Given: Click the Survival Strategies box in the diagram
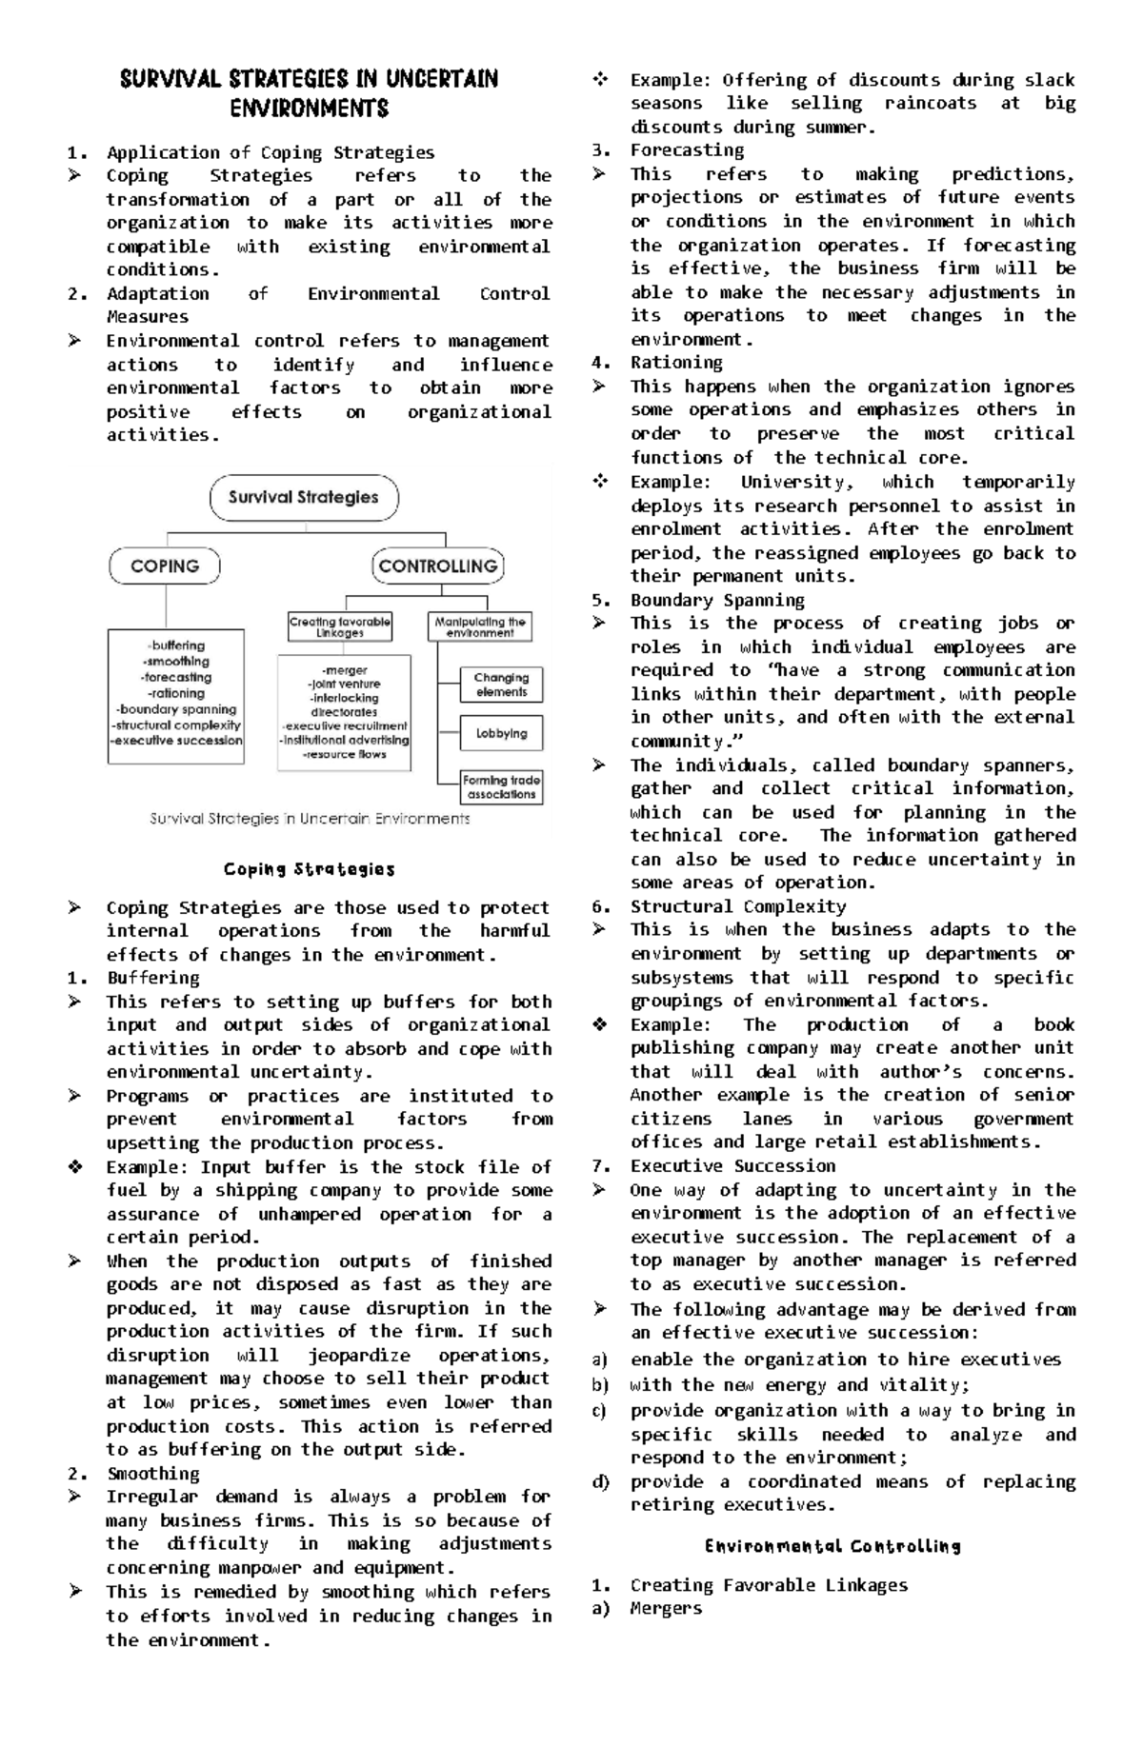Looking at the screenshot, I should point(304,498).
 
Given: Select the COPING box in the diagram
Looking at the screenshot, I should point(165,566).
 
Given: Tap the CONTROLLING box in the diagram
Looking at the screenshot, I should point(437,566).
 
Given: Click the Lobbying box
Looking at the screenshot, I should point(501,734).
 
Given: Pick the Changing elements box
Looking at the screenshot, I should point(501,685).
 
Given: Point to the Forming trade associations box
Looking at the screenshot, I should point(501,787).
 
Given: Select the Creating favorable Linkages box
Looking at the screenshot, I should point(340,626).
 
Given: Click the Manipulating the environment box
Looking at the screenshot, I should point(479,626).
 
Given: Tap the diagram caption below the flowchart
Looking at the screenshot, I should point(310,819).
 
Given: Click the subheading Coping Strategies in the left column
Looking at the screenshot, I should point(309,869).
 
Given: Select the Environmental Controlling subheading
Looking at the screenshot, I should point(832,1546).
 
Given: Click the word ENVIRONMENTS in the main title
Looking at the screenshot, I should point(309,109).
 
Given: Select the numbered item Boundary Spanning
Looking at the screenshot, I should point(716,600).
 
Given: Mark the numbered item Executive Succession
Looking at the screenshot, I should point(732,1165).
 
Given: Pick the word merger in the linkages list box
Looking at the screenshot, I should point(344,670).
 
